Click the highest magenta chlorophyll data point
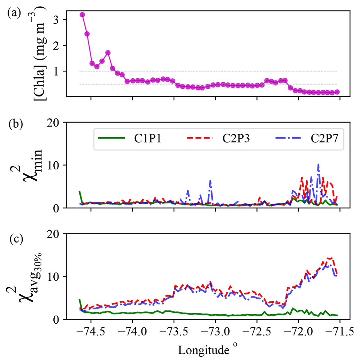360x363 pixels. pyautogui.click(x=82, y=15)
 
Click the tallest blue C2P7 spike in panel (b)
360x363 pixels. pyautogui.click(x=318, y=164)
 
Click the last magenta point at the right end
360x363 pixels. pyautogui.click(x=337, y=92)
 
